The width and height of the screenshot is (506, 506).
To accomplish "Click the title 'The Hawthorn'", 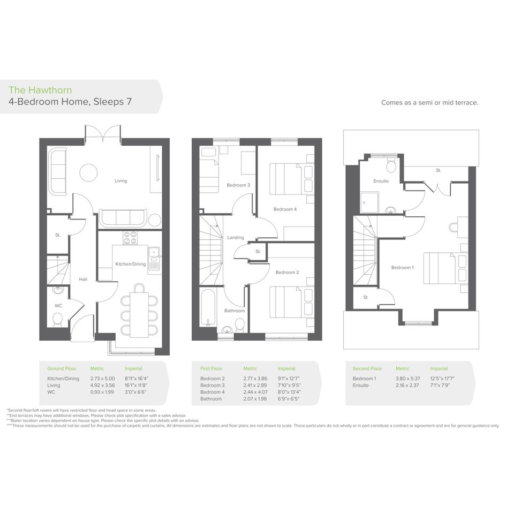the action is (40, 90).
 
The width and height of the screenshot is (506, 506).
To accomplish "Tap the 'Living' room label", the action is (120, 181).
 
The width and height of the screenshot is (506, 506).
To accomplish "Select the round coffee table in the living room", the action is (88, 173).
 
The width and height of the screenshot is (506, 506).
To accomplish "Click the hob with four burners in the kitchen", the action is (130, 238).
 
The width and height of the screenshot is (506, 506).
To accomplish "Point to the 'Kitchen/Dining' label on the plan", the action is (130, 264).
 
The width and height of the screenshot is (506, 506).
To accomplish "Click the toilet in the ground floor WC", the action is (57, 320).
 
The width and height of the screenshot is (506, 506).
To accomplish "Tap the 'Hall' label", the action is (83, 279).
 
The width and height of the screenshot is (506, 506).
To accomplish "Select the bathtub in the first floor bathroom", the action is (208, 307).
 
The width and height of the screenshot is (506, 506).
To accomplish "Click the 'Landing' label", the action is (235, 238).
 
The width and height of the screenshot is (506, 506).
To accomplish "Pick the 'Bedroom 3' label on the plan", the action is (238, 185).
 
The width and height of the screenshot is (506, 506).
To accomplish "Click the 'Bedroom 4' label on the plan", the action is (285, 209).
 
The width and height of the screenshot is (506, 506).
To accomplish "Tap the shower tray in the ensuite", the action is (369, 202).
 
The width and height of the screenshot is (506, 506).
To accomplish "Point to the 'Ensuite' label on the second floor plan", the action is (381, 181).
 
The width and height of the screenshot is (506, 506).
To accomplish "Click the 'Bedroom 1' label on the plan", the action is (402, 268).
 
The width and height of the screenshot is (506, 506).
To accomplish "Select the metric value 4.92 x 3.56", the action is (102, 386).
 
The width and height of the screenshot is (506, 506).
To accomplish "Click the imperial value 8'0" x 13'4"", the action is (289, 392).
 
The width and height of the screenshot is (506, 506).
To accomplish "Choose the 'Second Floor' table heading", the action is (367, 368).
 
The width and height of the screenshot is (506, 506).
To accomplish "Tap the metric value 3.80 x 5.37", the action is (408, 379).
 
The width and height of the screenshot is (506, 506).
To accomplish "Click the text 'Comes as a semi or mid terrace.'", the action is (429, 103).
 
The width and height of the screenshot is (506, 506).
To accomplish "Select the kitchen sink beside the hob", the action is (154, 252).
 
